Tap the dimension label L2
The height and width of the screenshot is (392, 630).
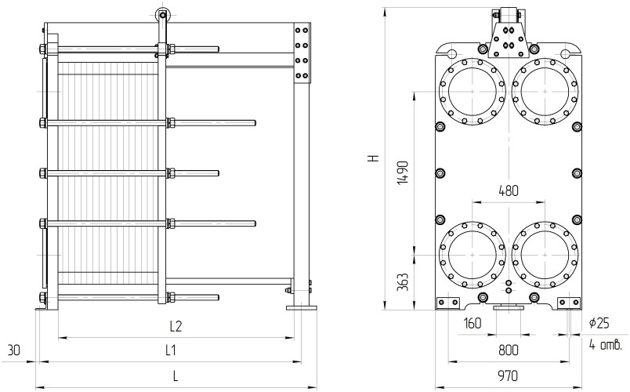click(176, 325)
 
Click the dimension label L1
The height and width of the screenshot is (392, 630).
click(170, 350)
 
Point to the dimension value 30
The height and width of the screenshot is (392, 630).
click(13, 350)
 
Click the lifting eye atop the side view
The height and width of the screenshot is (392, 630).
click(162, 13)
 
